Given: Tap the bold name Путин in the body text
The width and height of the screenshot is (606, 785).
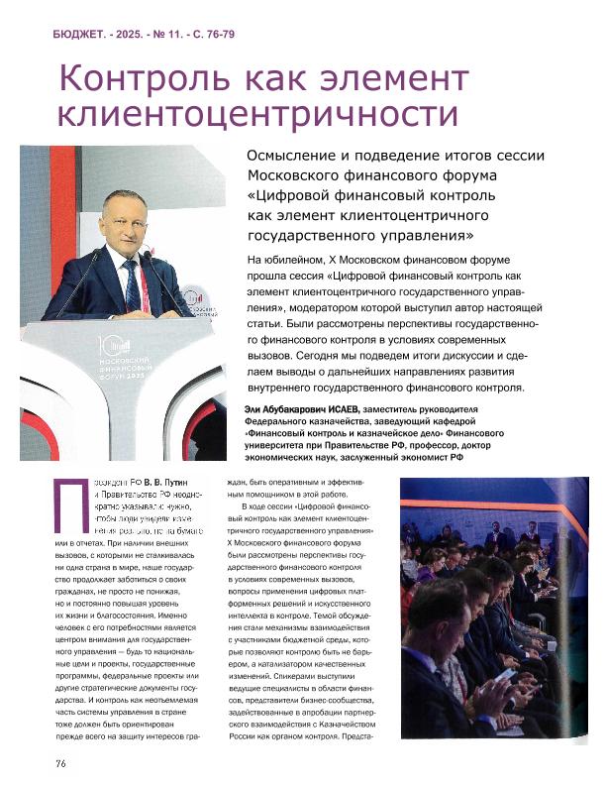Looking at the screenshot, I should click(163, 482).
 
